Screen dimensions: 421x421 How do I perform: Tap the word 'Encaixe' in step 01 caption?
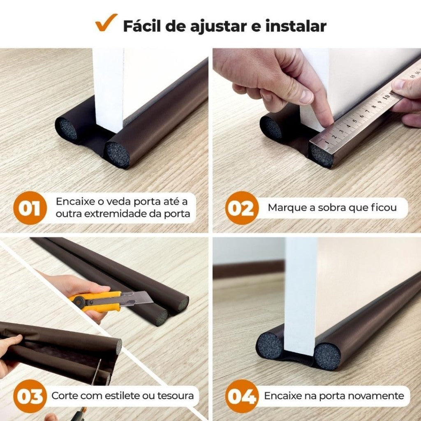click(x=73, y=201)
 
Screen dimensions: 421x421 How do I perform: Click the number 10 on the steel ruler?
click(x=386, y=97)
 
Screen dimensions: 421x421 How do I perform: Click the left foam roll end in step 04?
click(x=270, y=345)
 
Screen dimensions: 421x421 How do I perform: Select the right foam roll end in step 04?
click(x=327, y=356)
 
